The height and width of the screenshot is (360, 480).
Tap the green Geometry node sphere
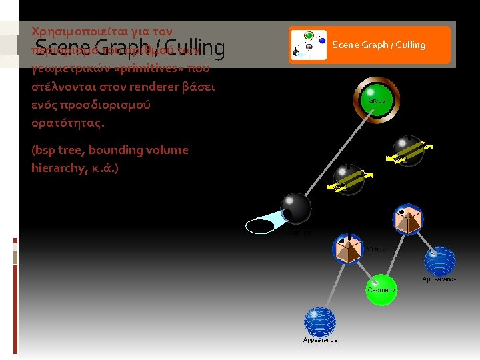click(x=381, y=289)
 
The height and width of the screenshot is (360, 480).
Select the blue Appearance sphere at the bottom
click(x=320, y=322)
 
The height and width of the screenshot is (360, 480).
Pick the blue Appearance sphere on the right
click(x=439, y=262)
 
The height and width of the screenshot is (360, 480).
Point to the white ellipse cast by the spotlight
click(x=260, y=227)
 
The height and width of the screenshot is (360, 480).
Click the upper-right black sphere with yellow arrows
click(x=409, y=151)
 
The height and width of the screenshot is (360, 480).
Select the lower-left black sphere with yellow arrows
click(x=349, y=179)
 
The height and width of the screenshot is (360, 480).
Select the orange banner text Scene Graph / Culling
click(x=379, y=45)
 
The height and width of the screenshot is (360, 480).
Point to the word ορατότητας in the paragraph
click(x=67, y=123)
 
